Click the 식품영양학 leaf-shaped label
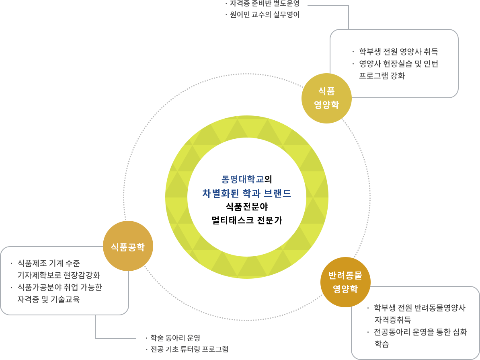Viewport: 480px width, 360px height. point(326,98)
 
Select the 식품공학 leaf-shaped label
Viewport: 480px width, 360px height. point(128,247)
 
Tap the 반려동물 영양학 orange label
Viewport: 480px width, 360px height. point(345,282)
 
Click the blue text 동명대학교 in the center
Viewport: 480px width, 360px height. point(243,179)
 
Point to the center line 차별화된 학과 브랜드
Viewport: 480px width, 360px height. point(246,193)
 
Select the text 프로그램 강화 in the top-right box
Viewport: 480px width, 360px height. point(382,76)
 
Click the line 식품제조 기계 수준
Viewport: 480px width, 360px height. point(48,263)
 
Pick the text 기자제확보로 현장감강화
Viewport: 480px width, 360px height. point(59,276)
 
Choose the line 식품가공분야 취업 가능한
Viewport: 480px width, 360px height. point(59,287)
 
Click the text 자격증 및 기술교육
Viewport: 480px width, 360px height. point(48,299)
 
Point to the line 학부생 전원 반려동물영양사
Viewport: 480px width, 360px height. point(419,308)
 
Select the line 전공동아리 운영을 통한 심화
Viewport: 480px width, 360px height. point(420,332)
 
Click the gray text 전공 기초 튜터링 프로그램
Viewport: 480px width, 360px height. point(189,349)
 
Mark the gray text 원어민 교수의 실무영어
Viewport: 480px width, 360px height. point(265,15)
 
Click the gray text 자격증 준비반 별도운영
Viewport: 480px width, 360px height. point(265,4)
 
